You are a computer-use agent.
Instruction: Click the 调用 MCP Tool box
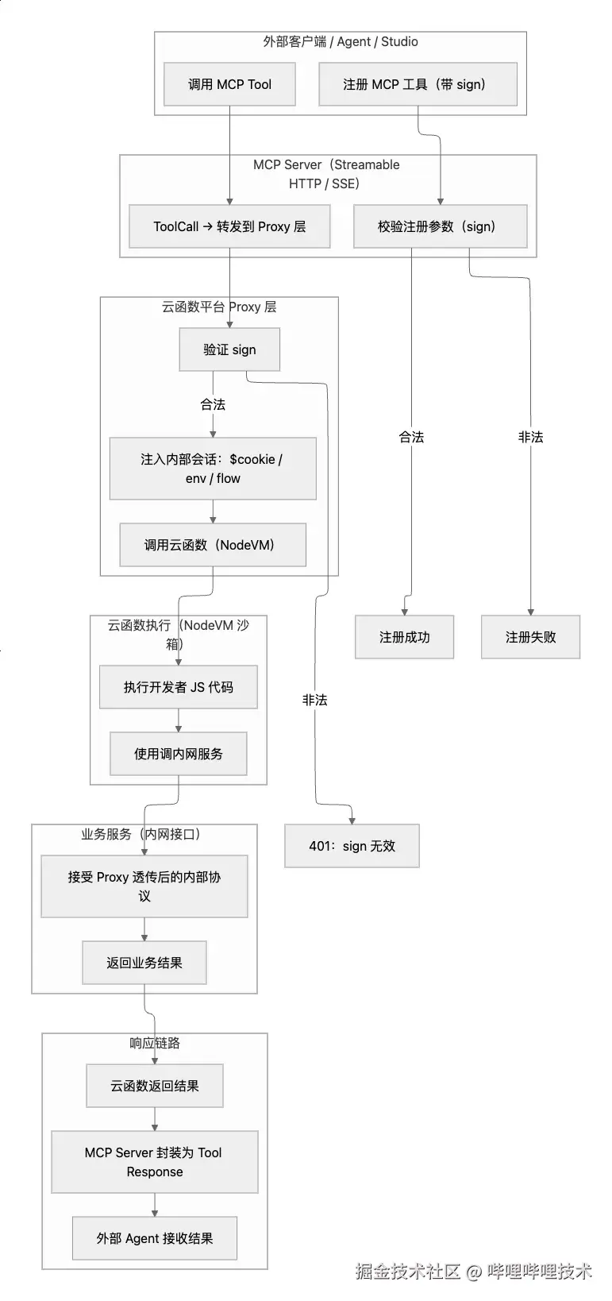tap(229, 84)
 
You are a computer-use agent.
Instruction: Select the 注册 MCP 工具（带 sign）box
tap(418, 84)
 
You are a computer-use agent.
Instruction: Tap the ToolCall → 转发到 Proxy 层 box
tap(229, 226)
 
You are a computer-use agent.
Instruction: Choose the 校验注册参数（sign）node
tap(440, 226)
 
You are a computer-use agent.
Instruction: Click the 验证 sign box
tap(229, 349)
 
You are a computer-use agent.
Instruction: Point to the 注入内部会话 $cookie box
tap(213, 469)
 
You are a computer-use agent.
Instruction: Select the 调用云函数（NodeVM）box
tap(213, 545)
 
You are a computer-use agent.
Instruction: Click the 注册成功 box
tap(404, 637)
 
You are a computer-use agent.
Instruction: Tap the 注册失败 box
tap(530, 637)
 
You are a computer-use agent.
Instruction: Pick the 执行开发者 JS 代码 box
tap(178, 687)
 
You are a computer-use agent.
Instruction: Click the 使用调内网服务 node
tap(178, 754)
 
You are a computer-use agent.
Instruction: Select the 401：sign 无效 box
tap(352, 846)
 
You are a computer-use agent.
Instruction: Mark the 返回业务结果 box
tap(144, 963)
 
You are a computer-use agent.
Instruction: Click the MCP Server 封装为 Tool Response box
tap(155, 1162)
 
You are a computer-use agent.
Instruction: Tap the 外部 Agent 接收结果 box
tap(155, 1238)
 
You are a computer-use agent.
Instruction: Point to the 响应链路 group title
tap(155, 1043)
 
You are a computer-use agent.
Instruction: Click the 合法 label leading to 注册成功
tap(411, 437)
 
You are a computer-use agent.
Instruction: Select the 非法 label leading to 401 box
tap(314, 700)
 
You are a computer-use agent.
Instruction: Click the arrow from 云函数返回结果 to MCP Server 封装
tap(155, 1119)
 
